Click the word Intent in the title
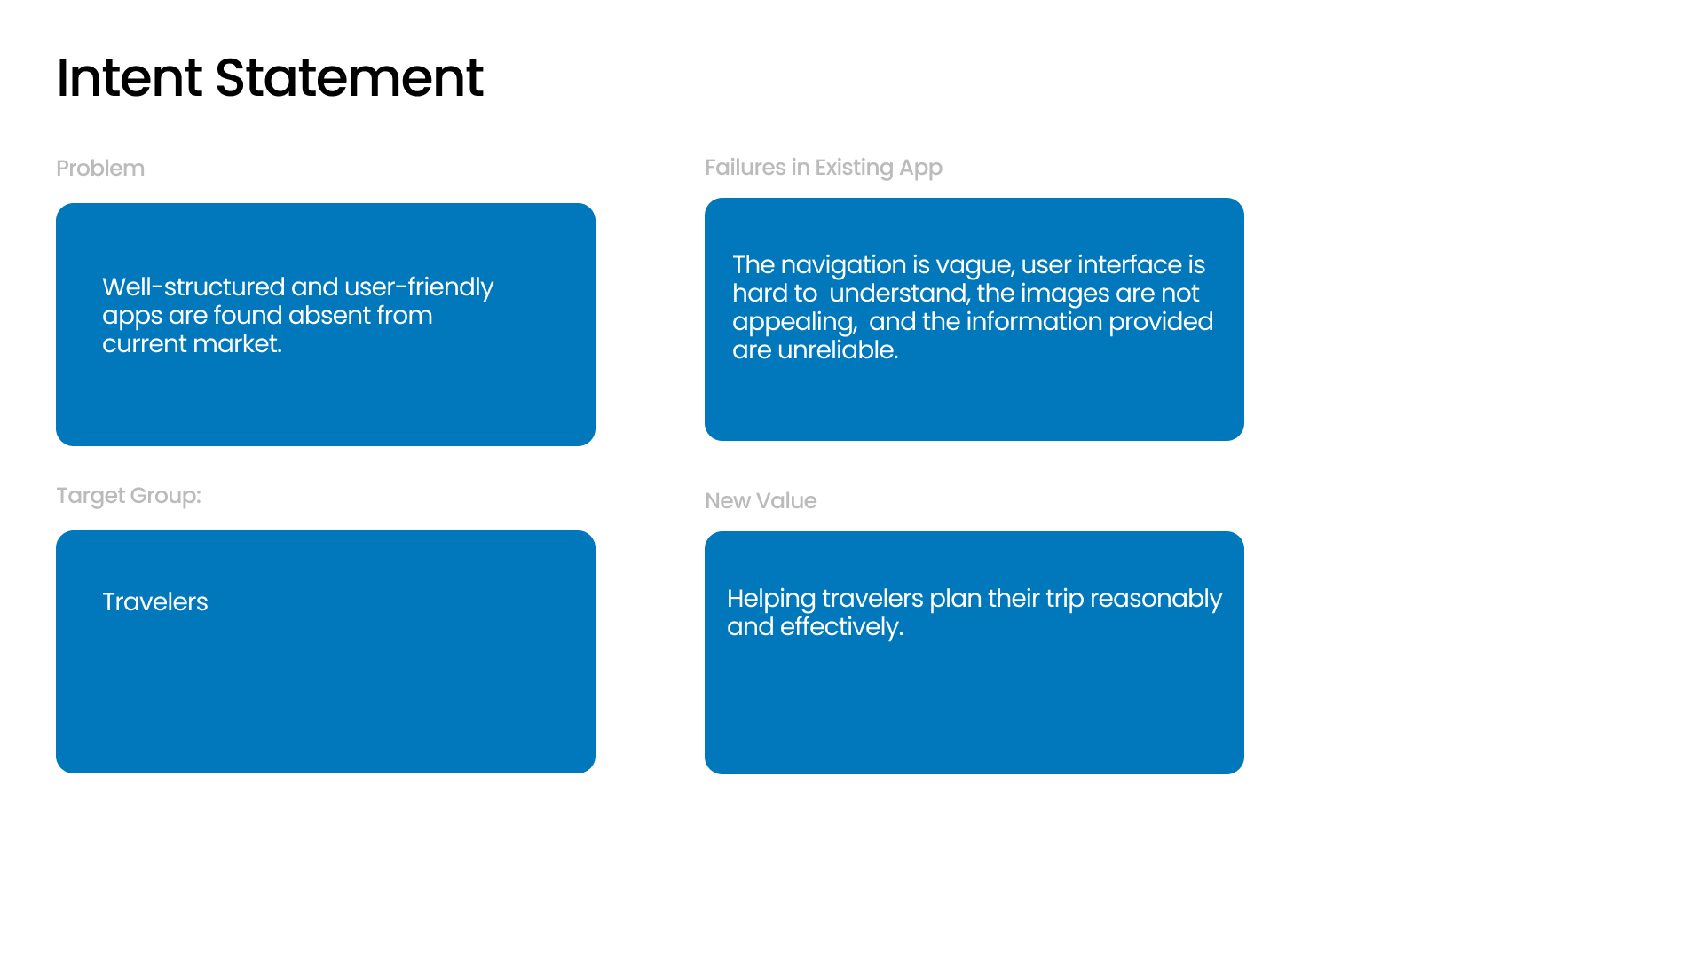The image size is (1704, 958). tap(130, 77)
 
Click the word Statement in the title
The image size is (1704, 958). tap(349, 77)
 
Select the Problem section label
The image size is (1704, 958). tap(100, 168)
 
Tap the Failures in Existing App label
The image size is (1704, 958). tap(824, 168)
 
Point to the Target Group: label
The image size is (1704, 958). tap(129, 496)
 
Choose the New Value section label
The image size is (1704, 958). tap(761, 500)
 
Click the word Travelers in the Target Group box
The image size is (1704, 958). tap(155, 601)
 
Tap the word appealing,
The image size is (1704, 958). tap(794, 322)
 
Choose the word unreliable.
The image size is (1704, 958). tap(838, 349)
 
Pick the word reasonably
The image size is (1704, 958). tap(1156, 599)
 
